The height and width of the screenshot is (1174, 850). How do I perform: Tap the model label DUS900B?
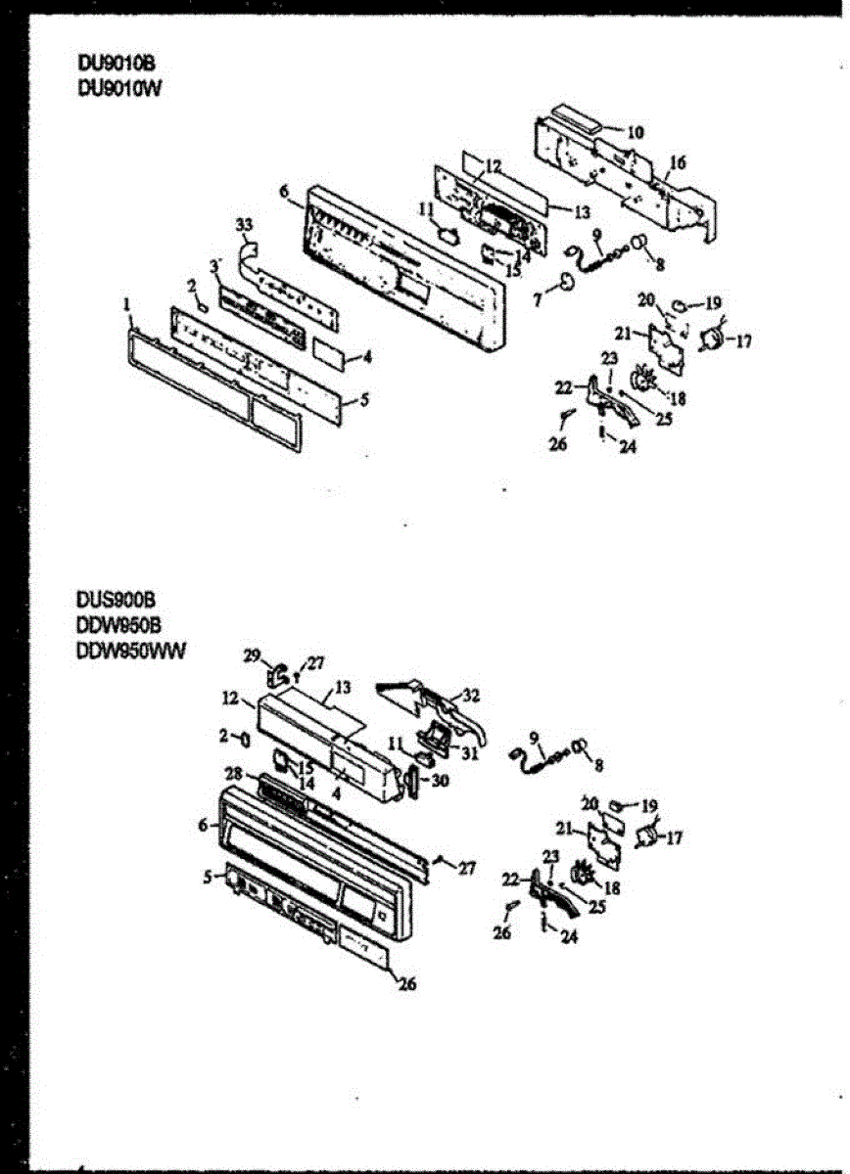115,599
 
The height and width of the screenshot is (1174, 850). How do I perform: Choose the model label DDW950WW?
129,647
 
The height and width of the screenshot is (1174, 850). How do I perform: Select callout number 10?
636,131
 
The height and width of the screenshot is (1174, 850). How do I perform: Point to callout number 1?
127,305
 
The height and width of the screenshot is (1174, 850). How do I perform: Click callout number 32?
471,696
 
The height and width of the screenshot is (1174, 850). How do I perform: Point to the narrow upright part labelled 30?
412,782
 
